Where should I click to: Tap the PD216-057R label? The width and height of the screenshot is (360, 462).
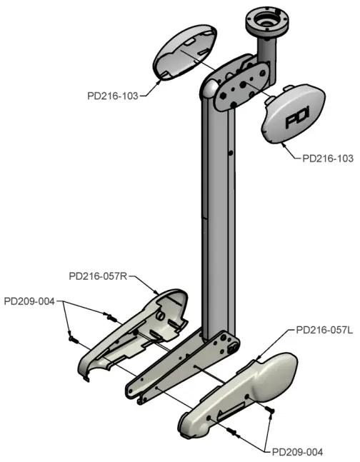point(98,276)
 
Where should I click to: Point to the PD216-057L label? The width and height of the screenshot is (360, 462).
point(324,330)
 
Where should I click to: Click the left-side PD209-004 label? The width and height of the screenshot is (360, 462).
point(29,301)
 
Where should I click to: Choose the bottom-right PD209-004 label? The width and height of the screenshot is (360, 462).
point(297,452)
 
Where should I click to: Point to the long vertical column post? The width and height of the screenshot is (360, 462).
point(217,214)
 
